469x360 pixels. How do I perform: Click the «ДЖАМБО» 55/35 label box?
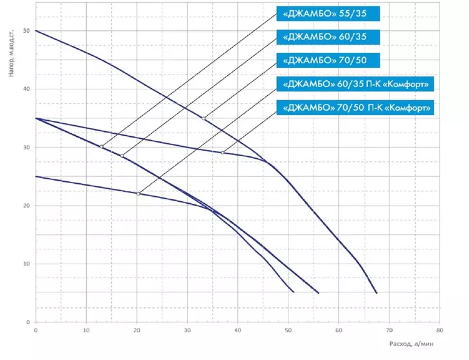[x=328, y=14]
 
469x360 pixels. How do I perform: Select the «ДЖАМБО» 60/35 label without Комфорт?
[x=328, y=37]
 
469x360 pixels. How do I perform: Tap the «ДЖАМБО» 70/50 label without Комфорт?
[x=328, y=60]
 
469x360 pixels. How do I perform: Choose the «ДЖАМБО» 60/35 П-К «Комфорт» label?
[x=355, y=84]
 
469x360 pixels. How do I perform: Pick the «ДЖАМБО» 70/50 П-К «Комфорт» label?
[x=355, y=107]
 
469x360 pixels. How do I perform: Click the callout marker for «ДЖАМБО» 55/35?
[x=102, y=147]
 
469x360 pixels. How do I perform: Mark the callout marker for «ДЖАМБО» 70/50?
[x=204, y=118]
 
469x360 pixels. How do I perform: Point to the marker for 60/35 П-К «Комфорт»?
[x=138, y=194]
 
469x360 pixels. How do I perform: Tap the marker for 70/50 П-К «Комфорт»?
[x=222, y=152]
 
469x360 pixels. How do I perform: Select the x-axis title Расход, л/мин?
[x=411, y=344]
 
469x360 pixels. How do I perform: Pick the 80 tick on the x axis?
[x=439, y=330]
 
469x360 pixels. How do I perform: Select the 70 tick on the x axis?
[x=389, y=330]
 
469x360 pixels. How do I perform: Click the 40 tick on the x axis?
[x=238, y=330]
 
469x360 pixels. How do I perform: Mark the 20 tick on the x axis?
[x=137, y=330]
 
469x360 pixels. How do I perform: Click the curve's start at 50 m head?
[x=36, y=30]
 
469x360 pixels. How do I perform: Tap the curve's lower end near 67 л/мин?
[x=376, y=292]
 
